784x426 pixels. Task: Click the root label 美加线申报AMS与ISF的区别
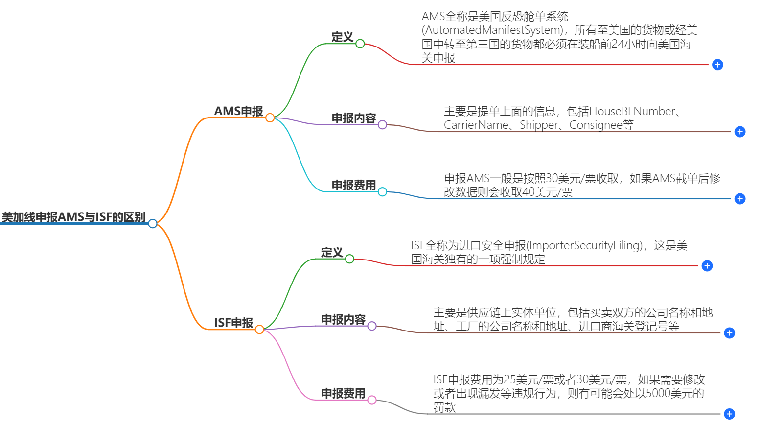tap(73, 217)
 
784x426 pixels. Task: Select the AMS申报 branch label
tap(238, 111)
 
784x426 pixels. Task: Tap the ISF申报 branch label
tap(233, 323)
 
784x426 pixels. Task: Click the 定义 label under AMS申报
tap(342, 37)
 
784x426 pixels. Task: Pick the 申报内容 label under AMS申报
tap(353, 118)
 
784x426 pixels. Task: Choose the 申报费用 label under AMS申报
tap(353, 185)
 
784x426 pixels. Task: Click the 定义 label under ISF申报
tap(332, 252)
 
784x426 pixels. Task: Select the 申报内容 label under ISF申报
tap(343, 319)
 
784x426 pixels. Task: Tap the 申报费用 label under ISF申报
tap(343, 393)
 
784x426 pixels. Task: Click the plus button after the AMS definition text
tap(717, 65)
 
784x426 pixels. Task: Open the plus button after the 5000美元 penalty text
tap(729, 414)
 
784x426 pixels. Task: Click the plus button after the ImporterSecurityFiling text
tap(707, 266)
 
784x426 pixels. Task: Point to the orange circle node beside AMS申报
tap(270, 118)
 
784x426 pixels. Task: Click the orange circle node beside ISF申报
tap(259, 330)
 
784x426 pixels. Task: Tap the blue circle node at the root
tap(153, 224)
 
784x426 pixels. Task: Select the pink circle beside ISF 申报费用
tap(372, 400)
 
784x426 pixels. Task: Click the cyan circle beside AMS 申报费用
tap(382, 192)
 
